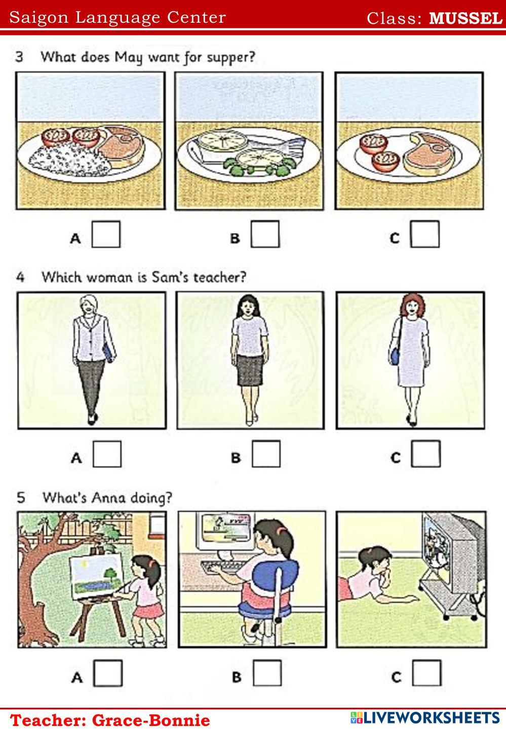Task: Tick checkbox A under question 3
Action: (106, 234)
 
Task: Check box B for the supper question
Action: (265, 234)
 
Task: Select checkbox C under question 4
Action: (426, 454)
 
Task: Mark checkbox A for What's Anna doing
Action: (108, 673)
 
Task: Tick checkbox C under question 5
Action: (426, 673)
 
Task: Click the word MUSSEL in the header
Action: (465, 18)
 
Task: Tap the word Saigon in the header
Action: (39, 18)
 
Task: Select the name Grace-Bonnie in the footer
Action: (151, 720)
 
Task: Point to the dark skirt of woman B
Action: (250, 370)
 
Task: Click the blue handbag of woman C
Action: (395, 356)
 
